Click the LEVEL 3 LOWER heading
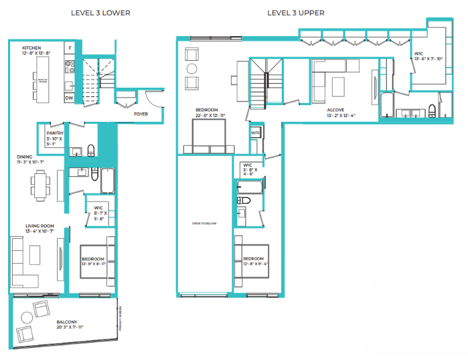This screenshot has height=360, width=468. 100,13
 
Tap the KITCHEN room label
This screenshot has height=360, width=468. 32,49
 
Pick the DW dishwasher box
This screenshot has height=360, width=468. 69,98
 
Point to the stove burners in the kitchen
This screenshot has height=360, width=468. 68,67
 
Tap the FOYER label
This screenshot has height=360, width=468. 141,114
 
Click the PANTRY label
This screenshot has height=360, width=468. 54,133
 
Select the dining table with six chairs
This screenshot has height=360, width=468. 41,184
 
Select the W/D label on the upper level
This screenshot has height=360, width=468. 255,133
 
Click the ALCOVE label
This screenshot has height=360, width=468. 335,110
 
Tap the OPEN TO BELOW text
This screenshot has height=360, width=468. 204,223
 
